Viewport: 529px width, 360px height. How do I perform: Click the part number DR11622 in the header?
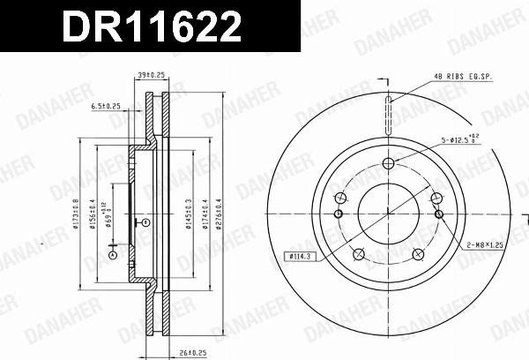pyautogui.click(x=149, y=28)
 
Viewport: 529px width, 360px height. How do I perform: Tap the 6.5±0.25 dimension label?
pyautogui.click(x=105, y=105)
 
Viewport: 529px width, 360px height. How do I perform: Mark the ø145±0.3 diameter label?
pyautogui.click(x=188, y=215)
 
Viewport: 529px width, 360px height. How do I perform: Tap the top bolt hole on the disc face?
pyautogui.click(x=388, y=163)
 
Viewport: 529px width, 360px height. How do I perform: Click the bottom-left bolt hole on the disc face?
pyautogui.click(x=358, y=255)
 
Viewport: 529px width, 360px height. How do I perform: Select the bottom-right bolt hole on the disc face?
pyautogui.click(x=418, y=255)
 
